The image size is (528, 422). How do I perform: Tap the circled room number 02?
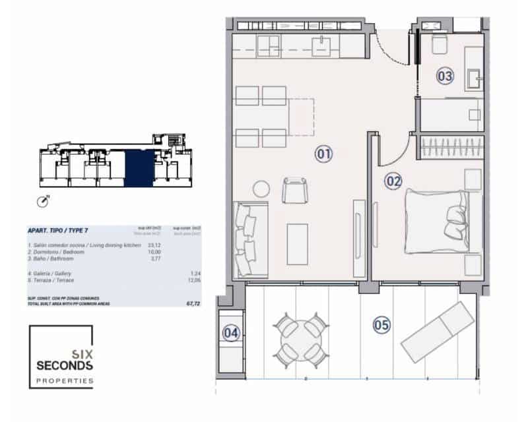(x=393, y=180)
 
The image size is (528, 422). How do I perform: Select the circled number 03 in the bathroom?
(x=445, y=76)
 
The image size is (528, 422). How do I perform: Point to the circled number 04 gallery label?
(x=230, y=333)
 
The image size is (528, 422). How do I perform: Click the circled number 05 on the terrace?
(x=381, y=324)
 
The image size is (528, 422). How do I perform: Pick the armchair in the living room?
(x=294, y=191)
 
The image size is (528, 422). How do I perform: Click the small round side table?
(x=261, y=189)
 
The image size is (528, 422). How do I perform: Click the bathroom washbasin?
(x=475, y=79)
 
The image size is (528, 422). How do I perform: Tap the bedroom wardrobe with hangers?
(x=448, y=146)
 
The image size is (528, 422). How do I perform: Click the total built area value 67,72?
(x=192, y=305)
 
